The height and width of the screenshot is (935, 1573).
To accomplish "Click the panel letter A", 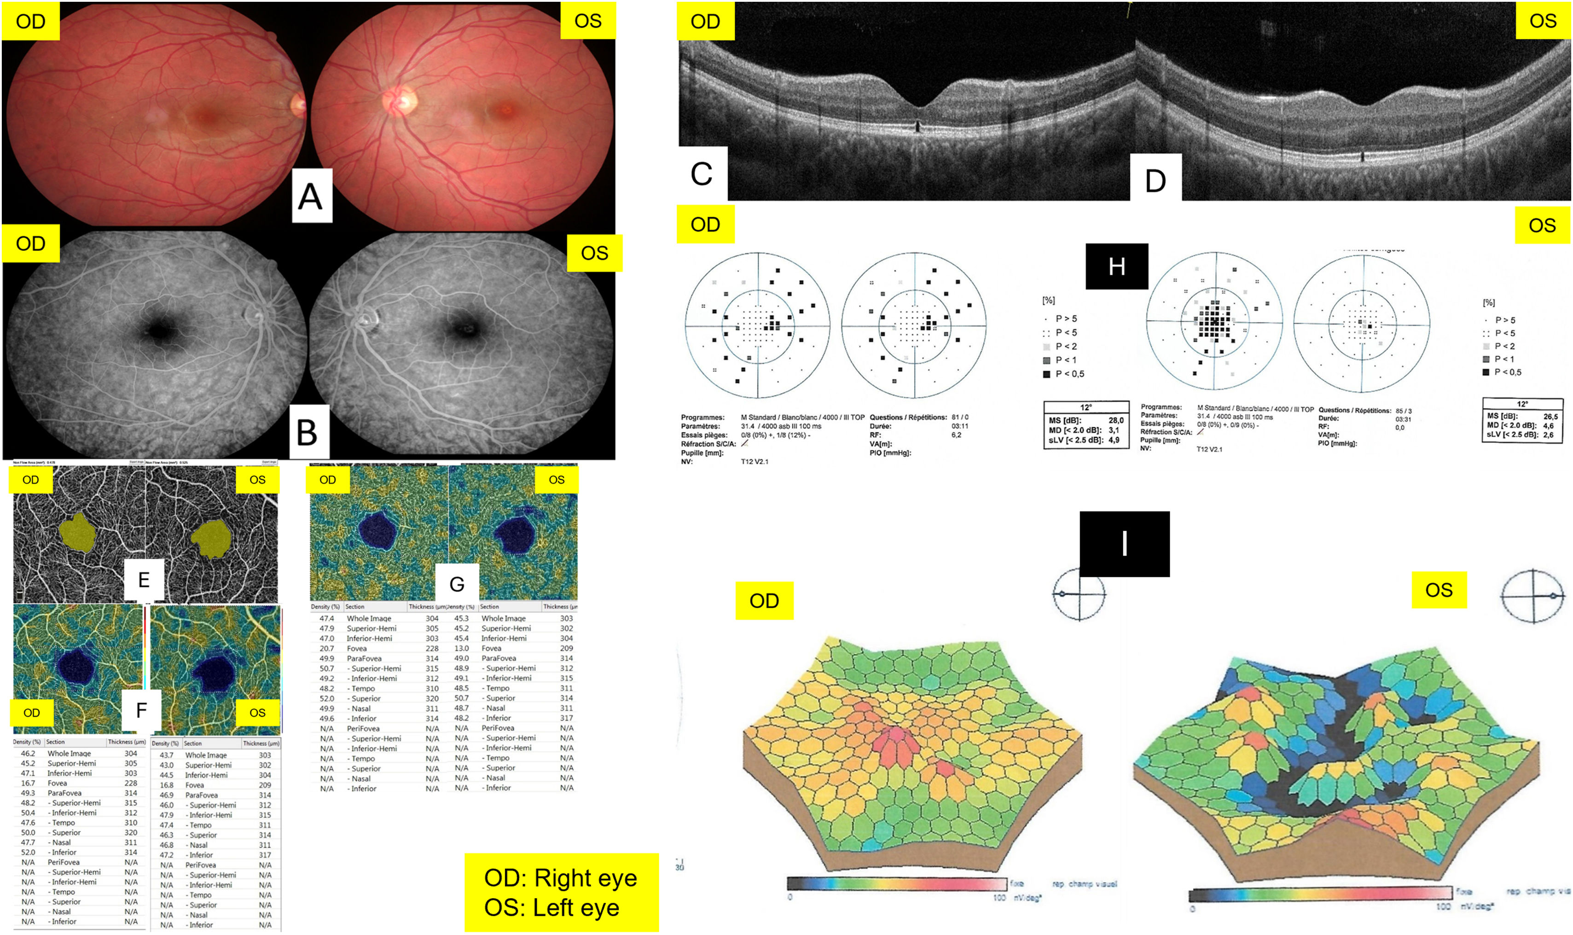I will pos(311,196).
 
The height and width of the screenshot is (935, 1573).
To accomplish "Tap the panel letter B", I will pos(308,432).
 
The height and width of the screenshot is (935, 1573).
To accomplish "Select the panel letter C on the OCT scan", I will pos(702,174).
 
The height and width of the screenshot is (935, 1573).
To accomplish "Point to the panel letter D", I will pos(1155,181).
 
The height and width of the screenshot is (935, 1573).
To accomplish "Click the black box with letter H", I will pos(1116,267).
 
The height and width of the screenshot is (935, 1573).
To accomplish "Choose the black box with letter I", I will pos(1125,544).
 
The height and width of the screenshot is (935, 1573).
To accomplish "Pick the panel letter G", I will pos(457,584).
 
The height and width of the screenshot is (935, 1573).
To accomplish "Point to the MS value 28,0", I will pos(1116,420).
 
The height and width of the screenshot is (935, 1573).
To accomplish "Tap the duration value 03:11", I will pos(960,426).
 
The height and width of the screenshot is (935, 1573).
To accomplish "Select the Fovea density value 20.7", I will pos(326,648).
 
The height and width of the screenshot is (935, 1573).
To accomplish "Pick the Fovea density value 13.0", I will pos(462,648).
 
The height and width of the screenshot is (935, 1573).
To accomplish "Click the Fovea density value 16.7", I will pos(28,783).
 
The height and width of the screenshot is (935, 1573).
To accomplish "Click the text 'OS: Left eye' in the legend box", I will pos(551,908).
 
